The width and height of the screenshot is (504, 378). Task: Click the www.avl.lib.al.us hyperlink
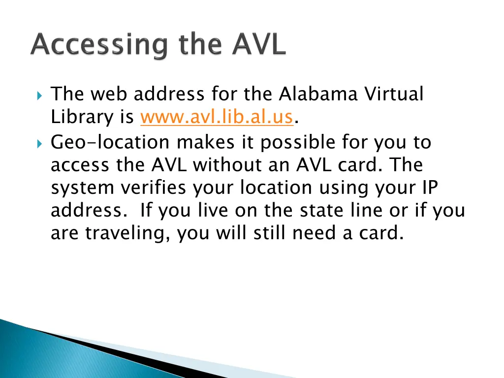coord(217,118)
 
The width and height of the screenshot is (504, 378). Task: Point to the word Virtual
coord(394,94)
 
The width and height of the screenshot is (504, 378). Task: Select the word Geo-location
coord(111,142)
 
